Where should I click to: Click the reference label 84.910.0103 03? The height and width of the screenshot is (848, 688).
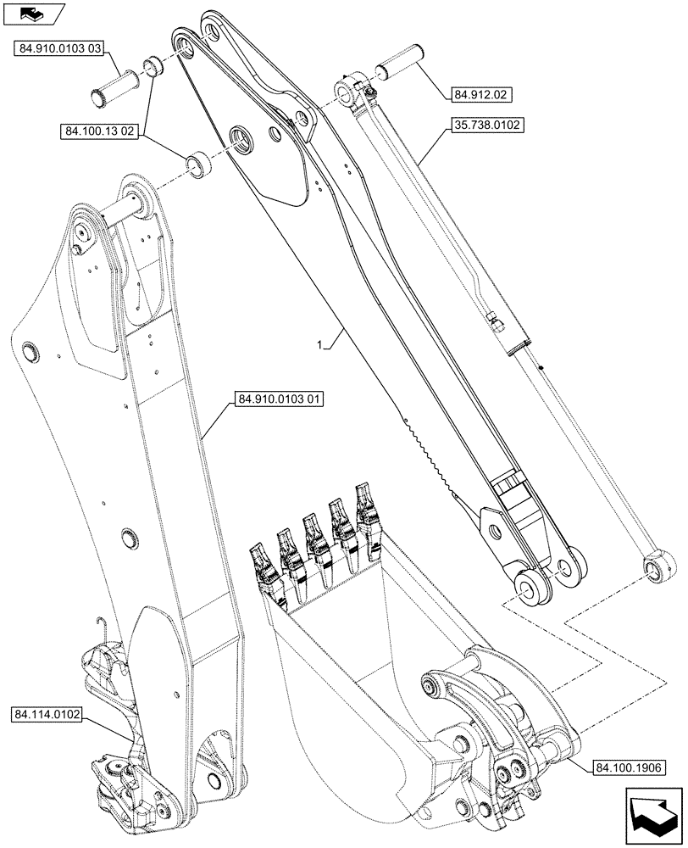(59, 50)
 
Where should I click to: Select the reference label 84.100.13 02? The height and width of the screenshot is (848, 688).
(100, 131)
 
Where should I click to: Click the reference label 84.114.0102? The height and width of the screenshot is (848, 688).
(47, 715)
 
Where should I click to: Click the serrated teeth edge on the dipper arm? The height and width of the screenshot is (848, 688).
(432, 454)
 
